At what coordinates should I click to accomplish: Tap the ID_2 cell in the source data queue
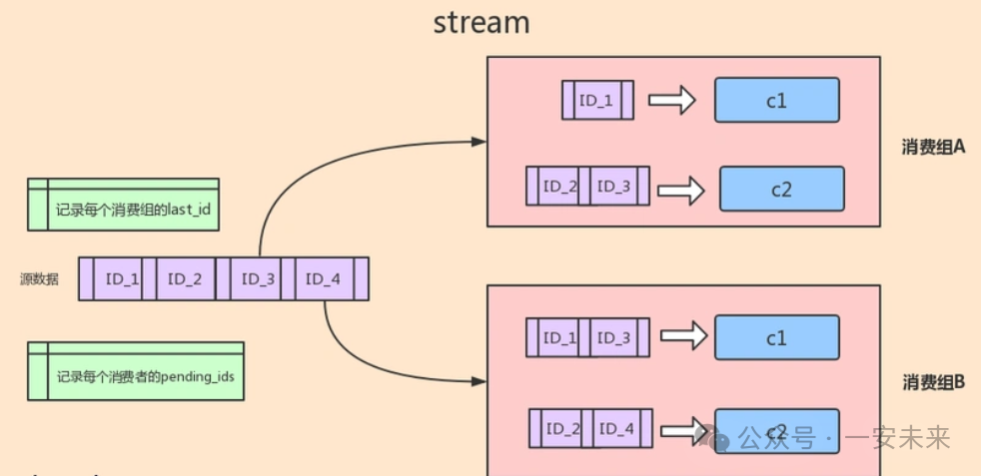click(185, 279)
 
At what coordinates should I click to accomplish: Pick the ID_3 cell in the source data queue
click(258, 279)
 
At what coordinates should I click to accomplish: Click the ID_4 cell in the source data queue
click(324, 279)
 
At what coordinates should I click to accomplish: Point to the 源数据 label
click(39, 279)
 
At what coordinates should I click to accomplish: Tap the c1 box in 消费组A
click(776, 100)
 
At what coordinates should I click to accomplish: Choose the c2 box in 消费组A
click(781, 189)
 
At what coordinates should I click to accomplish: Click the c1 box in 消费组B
click(776, 338)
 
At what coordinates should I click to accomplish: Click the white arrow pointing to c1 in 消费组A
click(671, 100)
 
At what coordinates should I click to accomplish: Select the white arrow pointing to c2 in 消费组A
click(679, 189)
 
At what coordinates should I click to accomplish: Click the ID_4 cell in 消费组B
click(616, 429)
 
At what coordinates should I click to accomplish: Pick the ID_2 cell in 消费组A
click(559, 187)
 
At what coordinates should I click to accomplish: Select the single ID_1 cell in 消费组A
click(595, 101)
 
